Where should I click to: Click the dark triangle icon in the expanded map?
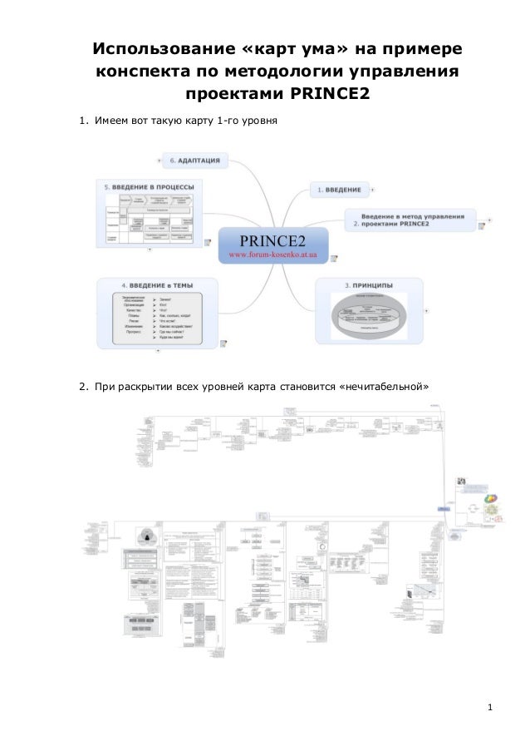148,536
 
